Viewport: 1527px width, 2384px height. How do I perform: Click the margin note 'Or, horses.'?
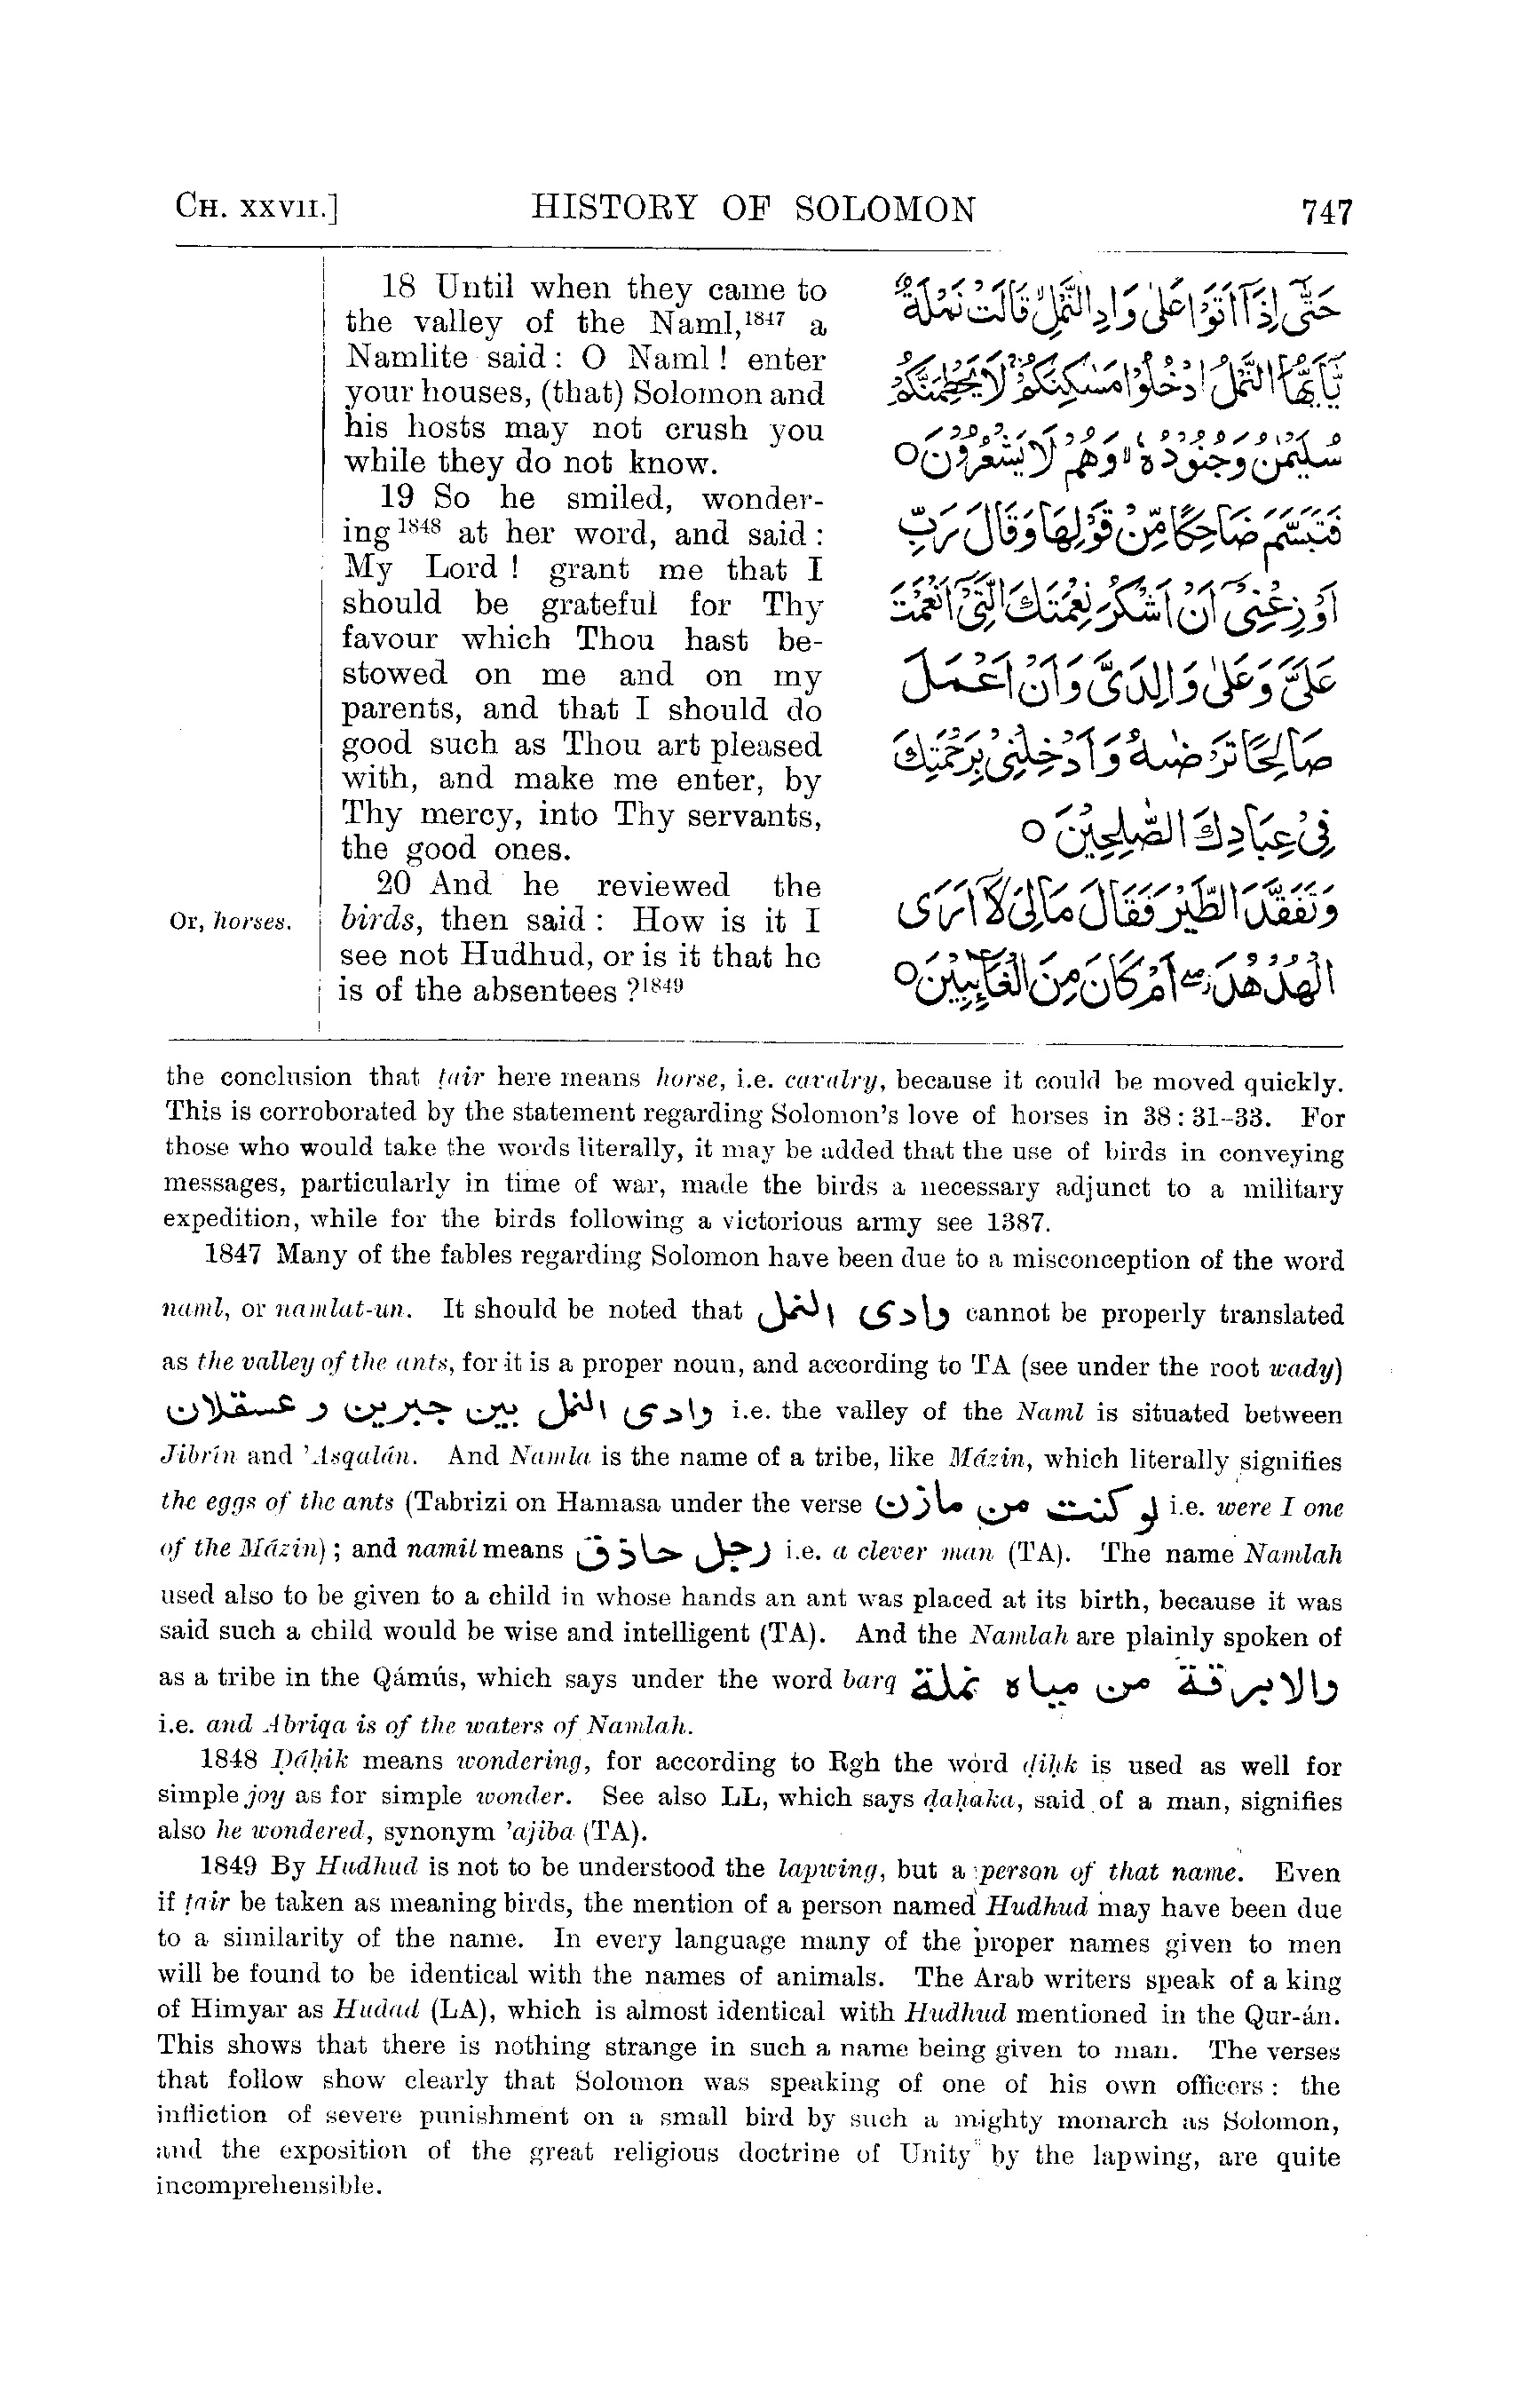pyautogui.click(x=230, y=923)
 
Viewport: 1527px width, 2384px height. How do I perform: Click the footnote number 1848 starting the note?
pyautogui.click(x=229, y=1762)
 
